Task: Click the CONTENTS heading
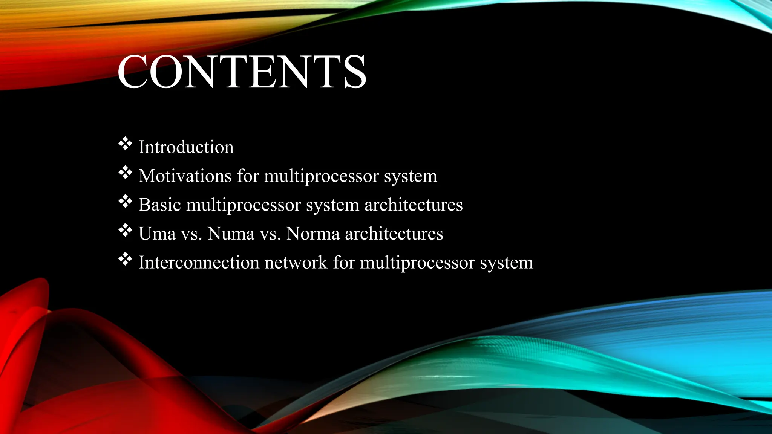coord(242,72)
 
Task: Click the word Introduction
coord(186,147)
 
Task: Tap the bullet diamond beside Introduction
coord(125,144)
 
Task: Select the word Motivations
coord(185,176)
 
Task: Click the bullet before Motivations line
coord(125,173)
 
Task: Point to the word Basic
coord(159,205)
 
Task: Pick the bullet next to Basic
coord(125,202)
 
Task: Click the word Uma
coord(157,234)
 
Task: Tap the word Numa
coord(231,234)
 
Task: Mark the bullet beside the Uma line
coord(125,231)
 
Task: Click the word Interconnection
coord(199,262)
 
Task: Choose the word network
coord(296,262)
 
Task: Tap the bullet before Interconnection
coord(125,260)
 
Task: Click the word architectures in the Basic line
coord(413,205)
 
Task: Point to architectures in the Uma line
coord(394,234)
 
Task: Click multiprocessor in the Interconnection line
coord(417,263)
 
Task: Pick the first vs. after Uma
coord(191,234)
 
